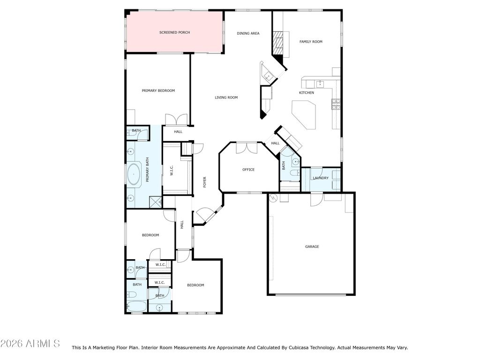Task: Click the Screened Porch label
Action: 174,32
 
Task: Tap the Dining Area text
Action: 248,33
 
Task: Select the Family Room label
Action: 311,42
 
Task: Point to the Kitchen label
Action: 307,93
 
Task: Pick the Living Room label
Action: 226,97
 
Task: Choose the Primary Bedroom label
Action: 158,90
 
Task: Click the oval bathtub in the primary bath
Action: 134,174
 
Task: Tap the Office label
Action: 248,170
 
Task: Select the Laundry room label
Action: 321,178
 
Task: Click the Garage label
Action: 312,247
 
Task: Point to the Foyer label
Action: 205,182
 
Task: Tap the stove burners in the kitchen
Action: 336,104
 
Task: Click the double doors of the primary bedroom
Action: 176,120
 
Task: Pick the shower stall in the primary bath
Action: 155,202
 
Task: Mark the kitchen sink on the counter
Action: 320,84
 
